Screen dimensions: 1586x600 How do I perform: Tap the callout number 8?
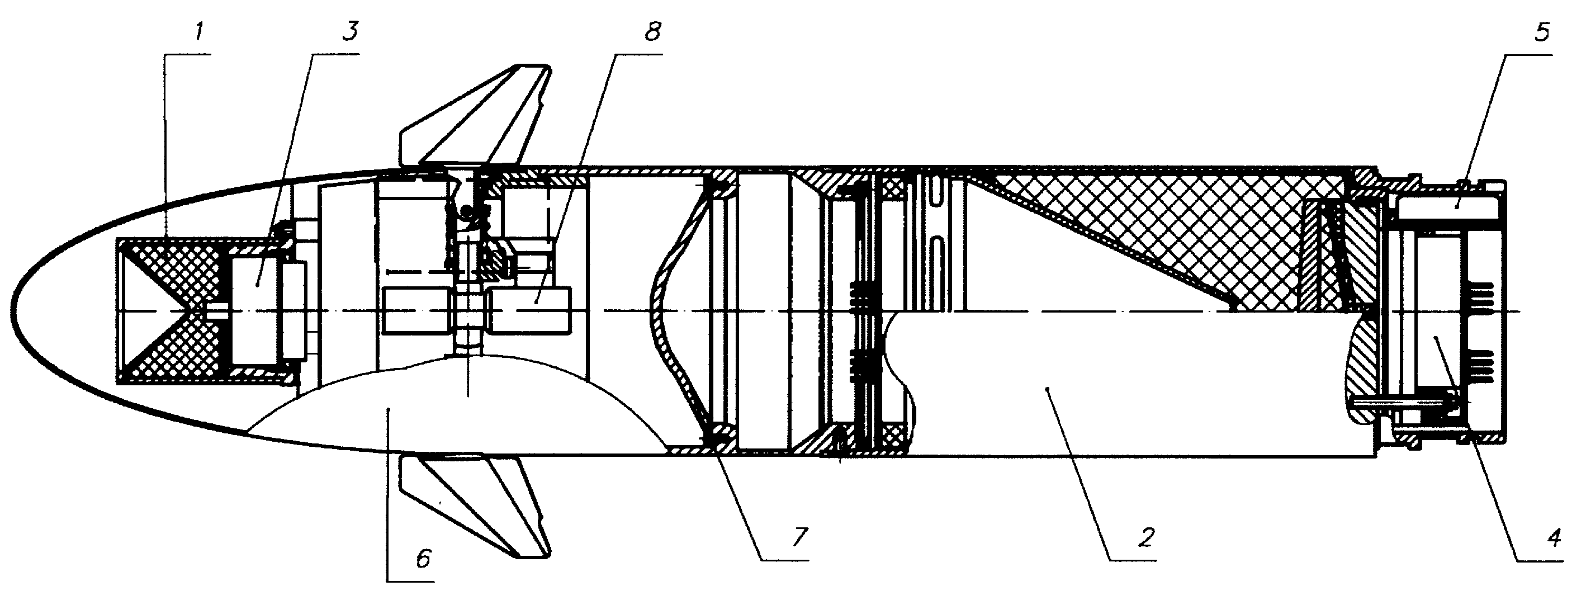click(652, 31)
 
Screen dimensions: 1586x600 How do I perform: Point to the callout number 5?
click(1541, 31)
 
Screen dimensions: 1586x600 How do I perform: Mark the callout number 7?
click(799, 537)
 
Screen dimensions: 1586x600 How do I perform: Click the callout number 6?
click(424, 558)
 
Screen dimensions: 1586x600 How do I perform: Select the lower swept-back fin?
click(474, 505)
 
